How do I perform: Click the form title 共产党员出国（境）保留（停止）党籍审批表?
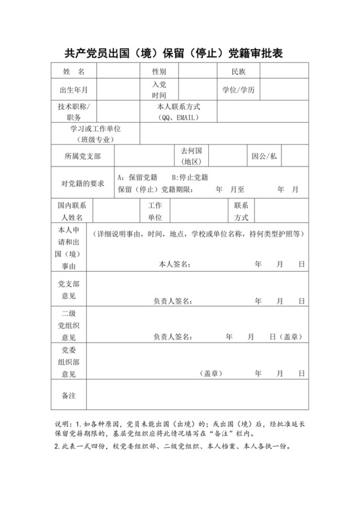coord(179,53)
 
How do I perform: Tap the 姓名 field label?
coord(74,71)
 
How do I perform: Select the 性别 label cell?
coord(159,71)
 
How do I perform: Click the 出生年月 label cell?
coord(74,90)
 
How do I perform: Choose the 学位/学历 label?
coord(239,90)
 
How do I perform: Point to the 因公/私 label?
coord(264,156)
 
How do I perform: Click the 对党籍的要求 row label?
coord(82,183)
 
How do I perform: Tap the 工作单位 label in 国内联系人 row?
coord(155,211)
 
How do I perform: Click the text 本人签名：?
coord(174,264)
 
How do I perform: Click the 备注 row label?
coord(68,397)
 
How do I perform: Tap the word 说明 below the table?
coord(63,425)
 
